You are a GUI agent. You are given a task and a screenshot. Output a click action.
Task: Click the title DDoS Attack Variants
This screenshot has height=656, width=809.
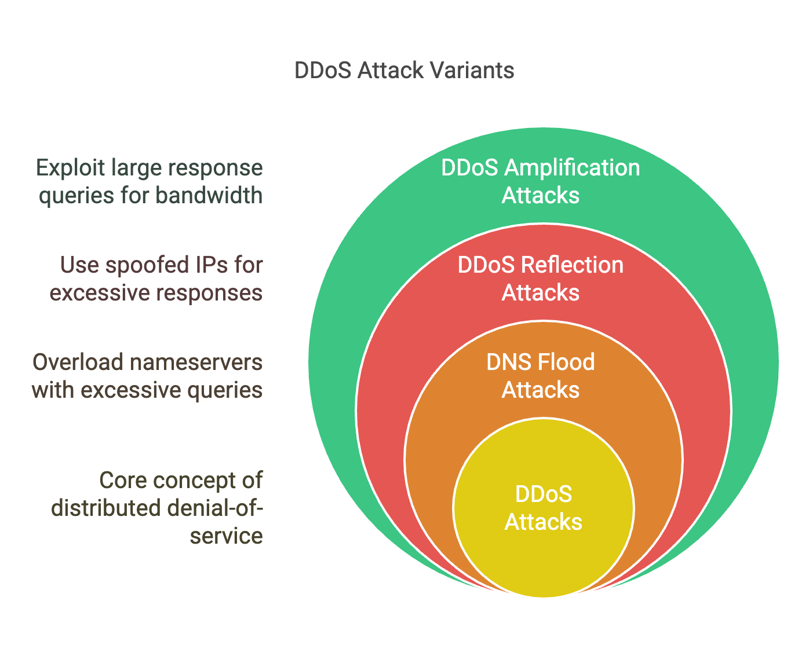point(404,70)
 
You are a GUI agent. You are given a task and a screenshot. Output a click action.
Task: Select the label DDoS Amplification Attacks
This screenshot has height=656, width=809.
point(541,181)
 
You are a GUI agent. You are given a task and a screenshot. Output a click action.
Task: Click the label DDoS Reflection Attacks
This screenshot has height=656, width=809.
point(541,278)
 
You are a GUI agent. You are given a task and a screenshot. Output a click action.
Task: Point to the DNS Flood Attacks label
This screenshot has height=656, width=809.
point(541,376)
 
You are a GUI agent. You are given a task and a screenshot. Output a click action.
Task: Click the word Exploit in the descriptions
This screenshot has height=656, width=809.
point(70,168)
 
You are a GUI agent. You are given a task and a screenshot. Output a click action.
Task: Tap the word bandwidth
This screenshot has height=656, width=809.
point(209,195)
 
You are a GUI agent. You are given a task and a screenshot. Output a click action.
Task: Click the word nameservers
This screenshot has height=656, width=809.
point(196,362)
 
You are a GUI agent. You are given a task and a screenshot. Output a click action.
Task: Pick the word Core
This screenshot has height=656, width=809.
point(123,481)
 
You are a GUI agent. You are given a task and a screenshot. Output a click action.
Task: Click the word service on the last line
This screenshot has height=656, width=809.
point(227,536)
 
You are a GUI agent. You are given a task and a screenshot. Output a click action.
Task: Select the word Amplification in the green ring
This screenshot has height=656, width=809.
point(572,168)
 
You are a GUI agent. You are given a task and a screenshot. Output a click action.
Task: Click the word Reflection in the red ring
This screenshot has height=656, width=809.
point(573,265)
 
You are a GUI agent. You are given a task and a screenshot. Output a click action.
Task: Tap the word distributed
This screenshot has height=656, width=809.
point(106,508)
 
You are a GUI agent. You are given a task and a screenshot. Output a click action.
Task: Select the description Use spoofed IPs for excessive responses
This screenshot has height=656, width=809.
point(156,278)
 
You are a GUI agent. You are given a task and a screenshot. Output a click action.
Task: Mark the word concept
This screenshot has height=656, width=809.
point(194,481)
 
